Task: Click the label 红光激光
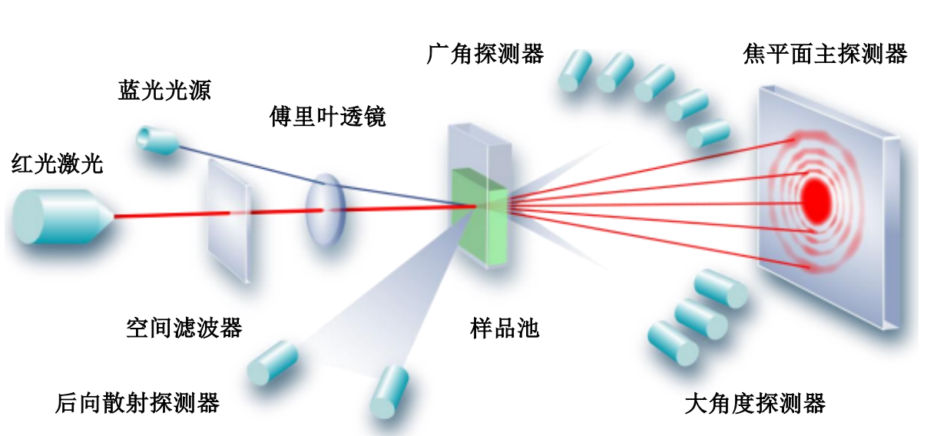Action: [57, 163]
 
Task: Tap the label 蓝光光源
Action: [164, 91]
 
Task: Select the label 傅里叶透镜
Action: [327, 117]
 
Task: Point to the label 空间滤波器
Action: [184, 328]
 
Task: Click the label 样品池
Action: [505, 329]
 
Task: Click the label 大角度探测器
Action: [755, 403]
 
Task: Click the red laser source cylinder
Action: [61, 216]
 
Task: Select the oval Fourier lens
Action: [324, 208]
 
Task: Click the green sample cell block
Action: [478, 216]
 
